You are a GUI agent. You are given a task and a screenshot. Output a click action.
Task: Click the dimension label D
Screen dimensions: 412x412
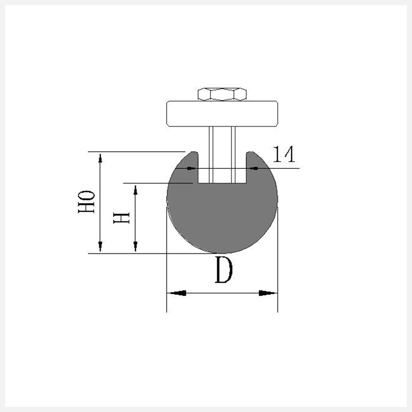tap(224, 270)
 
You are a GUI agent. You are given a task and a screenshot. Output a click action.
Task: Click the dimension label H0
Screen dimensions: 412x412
tap(86, 202)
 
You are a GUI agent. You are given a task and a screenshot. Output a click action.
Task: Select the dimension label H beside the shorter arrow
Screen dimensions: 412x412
tap(122, 218)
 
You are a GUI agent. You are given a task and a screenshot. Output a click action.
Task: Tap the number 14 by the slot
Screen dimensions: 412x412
tap(284, 154)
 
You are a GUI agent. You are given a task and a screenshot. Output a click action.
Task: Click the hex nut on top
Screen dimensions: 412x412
tap(222, 94)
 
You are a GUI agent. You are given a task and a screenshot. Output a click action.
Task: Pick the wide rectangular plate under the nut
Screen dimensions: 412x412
tap(222, 113)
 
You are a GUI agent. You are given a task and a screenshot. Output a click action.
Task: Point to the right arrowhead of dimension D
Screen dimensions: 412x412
tap(267, 293)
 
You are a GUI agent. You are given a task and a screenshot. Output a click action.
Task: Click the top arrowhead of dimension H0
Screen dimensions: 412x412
tap(100, 158)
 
